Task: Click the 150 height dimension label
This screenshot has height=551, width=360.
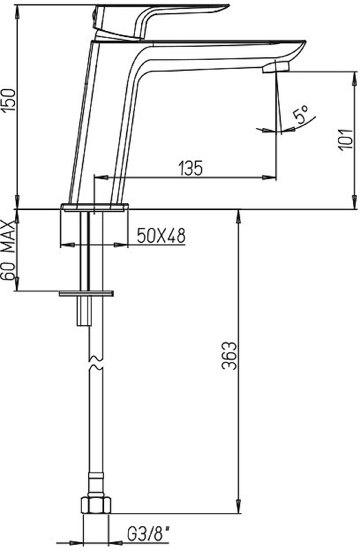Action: click(8, 101)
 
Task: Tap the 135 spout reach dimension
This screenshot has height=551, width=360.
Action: click(191, 168)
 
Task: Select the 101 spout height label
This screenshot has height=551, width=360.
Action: click(346, 139)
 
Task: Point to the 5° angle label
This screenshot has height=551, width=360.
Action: click(301, 114)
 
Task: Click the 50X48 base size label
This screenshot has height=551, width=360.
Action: click(161, 236)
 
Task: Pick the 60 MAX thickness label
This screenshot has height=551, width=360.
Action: click(8, 250)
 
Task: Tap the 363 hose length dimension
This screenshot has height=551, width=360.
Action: click(230, 355)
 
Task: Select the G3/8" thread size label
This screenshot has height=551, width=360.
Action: click(148, 535)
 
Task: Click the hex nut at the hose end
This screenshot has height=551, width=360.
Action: click(96, 505)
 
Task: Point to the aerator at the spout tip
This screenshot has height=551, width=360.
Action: click(276, 67)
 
